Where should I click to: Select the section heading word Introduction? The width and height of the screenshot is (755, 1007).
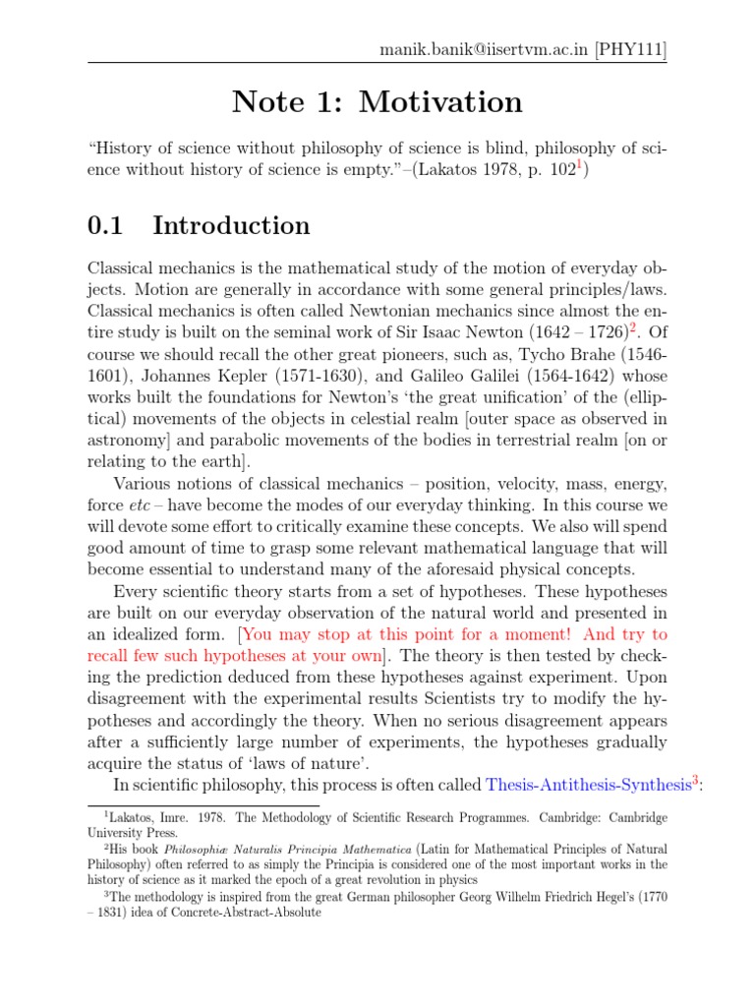tap(231, 226)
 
